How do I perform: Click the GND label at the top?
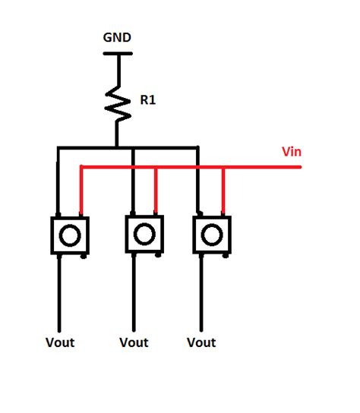[x=117, y=37]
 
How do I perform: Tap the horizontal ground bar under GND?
[x=117, y=53]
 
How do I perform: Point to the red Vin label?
[x=292, y=152]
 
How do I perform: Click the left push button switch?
[x=70, y=235]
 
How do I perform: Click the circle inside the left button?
[x=70, y=235]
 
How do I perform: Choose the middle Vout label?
[x=134, y=342]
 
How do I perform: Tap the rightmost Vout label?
[x=201, y=342]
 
